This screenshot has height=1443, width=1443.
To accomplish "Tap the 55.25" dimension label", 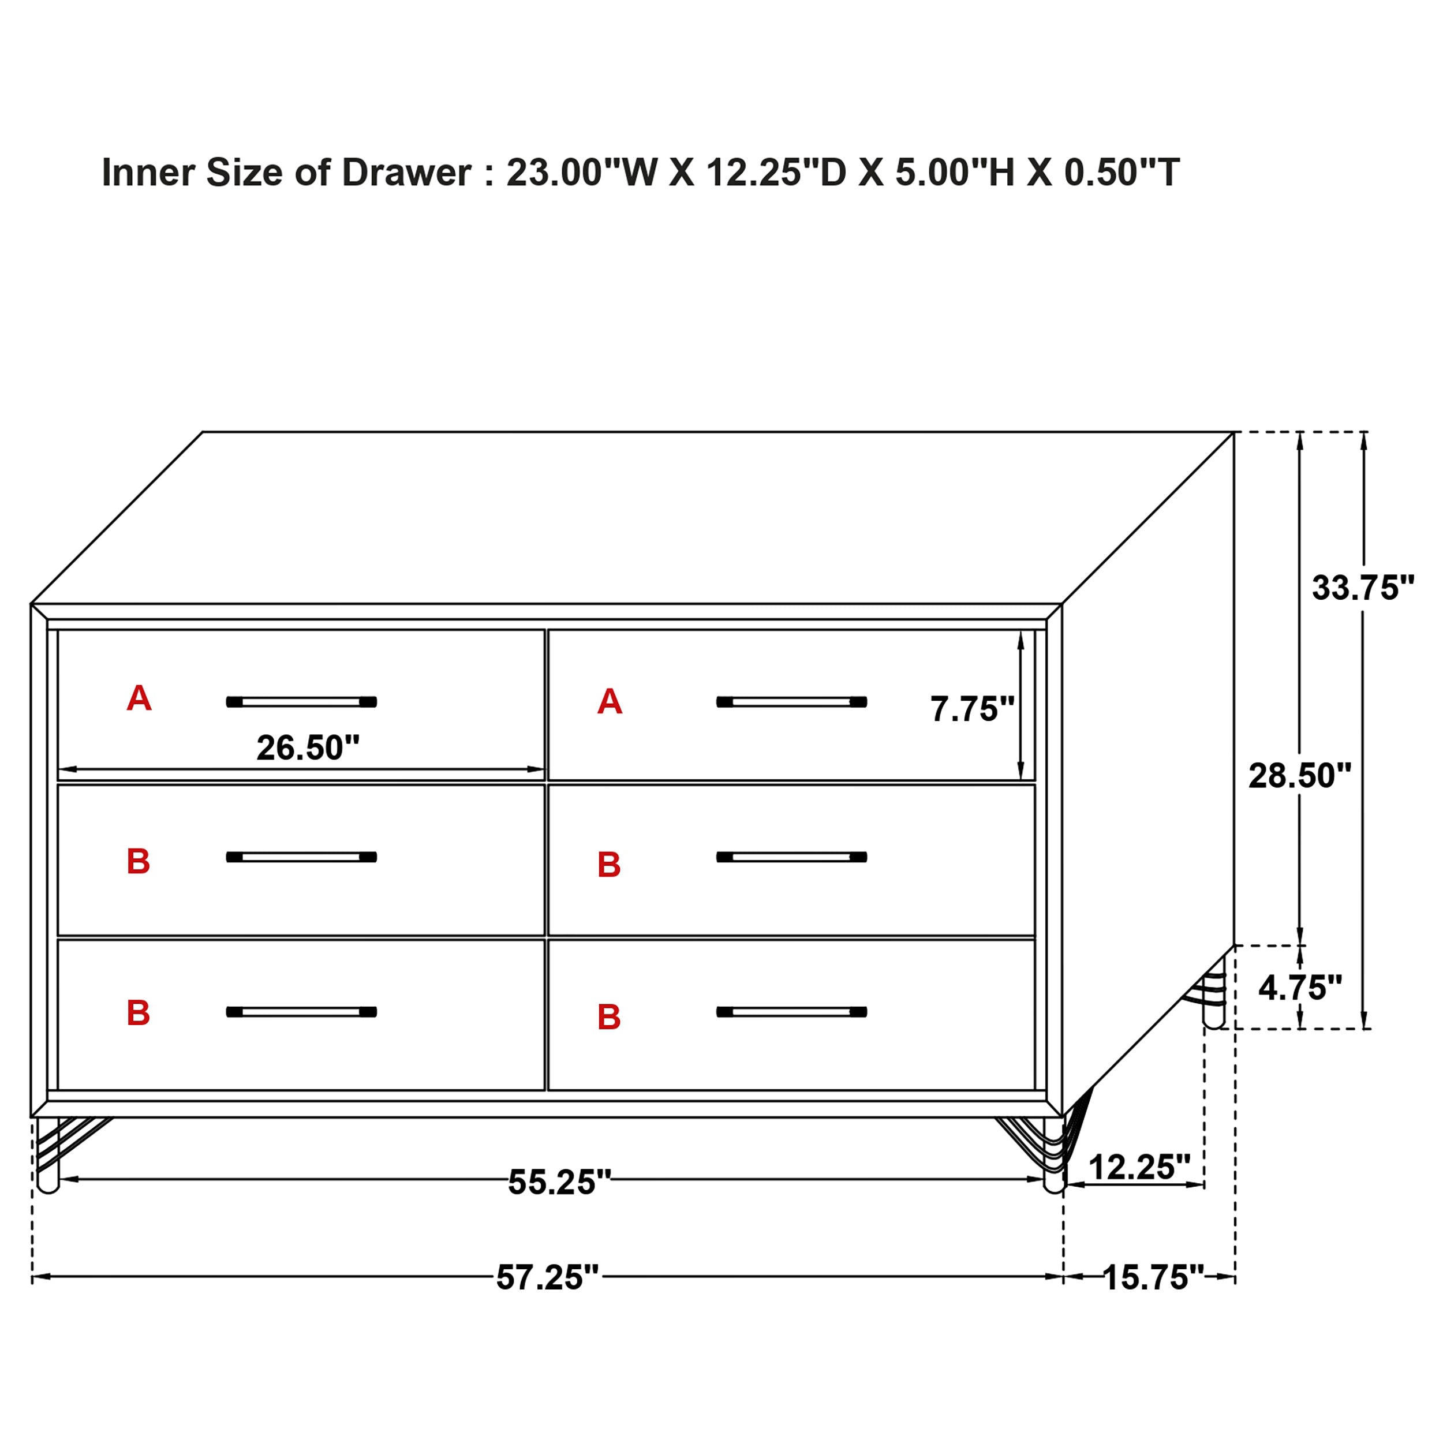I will [x=559, y=1182].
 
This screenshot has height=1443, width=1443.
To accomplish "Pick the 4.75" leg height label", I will [x=1300, y=988].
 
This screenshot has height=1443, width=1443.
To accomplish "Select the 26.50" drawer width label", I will [x=308, y=747].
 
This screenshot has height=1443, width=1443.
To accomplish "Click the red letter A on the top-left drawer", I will [x=139, y=698].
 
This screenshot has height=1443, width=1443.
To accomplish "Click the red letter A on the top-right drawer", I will [x=610, y=702].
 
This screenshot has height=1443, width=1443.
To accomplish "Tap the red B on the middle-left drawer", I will [x=138, y=861].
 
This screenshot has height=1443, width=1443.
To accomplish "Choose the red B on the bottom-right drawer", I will [x=609, y=1017].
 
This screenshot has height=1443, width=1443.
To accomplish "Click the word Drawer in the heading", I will [x=406, y=173].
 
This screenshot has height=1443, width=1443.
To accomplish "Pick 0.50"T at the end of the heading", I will [x=1121, y=173].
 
